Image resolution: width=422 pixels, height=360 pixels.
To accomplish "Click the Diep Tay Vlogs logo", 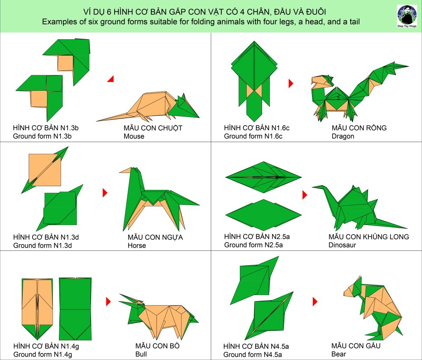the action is (407, 16).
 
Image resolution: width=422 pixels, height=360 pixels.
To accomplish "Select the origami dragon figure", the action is (360, 92).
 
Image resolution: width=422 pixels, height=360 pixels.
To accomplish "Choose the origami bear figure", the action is (373, 307).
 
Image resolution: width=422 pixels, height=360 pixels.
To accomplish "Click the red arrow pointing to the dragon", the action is (291, 83).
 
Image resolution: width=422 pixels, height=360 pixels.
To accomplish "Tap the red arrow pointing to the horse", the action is (105, 192).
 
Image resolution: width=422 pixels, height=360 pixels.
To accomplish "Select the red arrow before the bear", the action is (315, 302).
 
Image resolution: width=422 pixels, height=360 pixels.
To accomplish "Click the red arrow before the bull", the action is (108, 302).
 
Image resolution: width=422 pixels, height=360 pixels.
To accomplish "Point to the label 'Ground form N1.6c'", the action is (253, 136).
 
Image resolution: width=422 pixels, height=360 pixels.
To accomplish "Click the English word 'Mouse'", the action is (134, 136).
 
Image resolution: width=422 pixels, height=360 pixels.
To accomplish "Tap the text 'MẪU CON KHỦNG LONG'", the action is (368, 237).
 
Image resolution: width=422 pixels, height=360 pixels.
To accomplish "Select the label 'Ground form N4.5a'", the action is (253, 354).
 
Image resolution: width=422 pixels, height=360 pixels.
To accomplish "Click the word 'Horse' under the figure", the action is (137, 245).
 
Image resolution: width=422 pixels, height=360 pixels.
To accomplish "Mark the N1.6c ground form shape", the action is (254, 81).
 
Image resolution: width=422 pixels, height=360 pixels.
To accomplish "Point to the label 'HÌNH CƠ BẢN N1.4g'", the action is (46, 346).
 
